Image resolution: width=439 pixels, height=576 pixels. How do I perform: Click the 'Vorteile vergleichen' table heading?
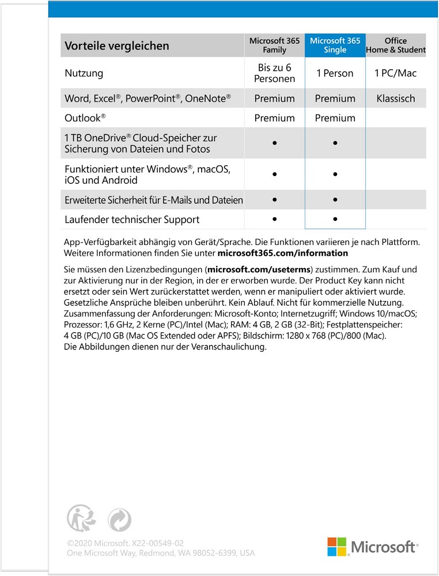pos(117,46)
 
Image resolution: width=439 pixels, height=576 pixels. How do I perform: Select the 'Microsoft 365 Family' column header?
pos(274,46)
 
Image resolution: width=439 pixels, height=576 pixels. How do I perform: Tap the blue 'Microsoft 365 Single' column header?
pos(335,46)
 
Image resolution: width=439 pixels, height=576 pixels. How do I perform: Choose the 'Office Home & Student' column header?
pos(396,46)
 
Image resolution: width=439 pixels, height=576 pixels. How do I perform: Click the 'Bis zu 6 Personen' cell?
pos(274,73)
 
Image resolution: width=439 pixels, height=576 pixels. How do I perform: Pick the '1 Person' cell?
pos(335,74)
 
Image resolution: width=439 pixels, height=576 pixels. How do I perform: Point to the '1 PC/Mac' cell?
pos(396,74)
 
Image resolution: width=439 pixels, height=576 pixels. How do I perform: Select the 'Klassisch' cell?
pos(396,99)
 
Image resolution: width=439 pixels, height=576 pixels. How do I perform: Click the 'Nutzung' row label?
pos(84,74)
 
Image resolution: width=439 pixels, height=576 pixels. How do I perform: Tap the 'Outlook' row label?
pos(85,118)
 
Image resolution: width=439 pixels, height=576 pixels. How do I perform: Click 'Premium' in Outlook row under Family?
pos(274,118)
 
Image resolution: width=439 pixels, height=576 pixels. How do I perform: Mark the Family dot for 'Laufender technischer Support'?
pos(275,219)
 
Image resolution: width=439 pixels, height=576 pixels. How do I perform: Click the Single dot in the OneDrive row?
pos(335,143)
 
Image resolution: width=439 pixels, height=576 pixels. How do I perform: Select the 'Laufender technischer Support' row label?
pos(132,220)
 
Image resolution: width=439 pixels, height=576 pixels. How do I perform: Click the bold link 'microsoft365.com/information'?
pos(283,253)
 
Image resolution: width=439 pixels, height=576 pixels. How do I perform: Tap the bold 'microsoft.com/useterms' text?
pos(259,270)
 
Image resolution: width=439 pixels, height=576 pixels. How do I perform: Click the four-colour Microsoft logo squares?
pos(337,547)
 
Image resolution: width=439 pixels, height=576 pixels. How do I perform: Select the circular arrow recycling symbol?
pos(119,519)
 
